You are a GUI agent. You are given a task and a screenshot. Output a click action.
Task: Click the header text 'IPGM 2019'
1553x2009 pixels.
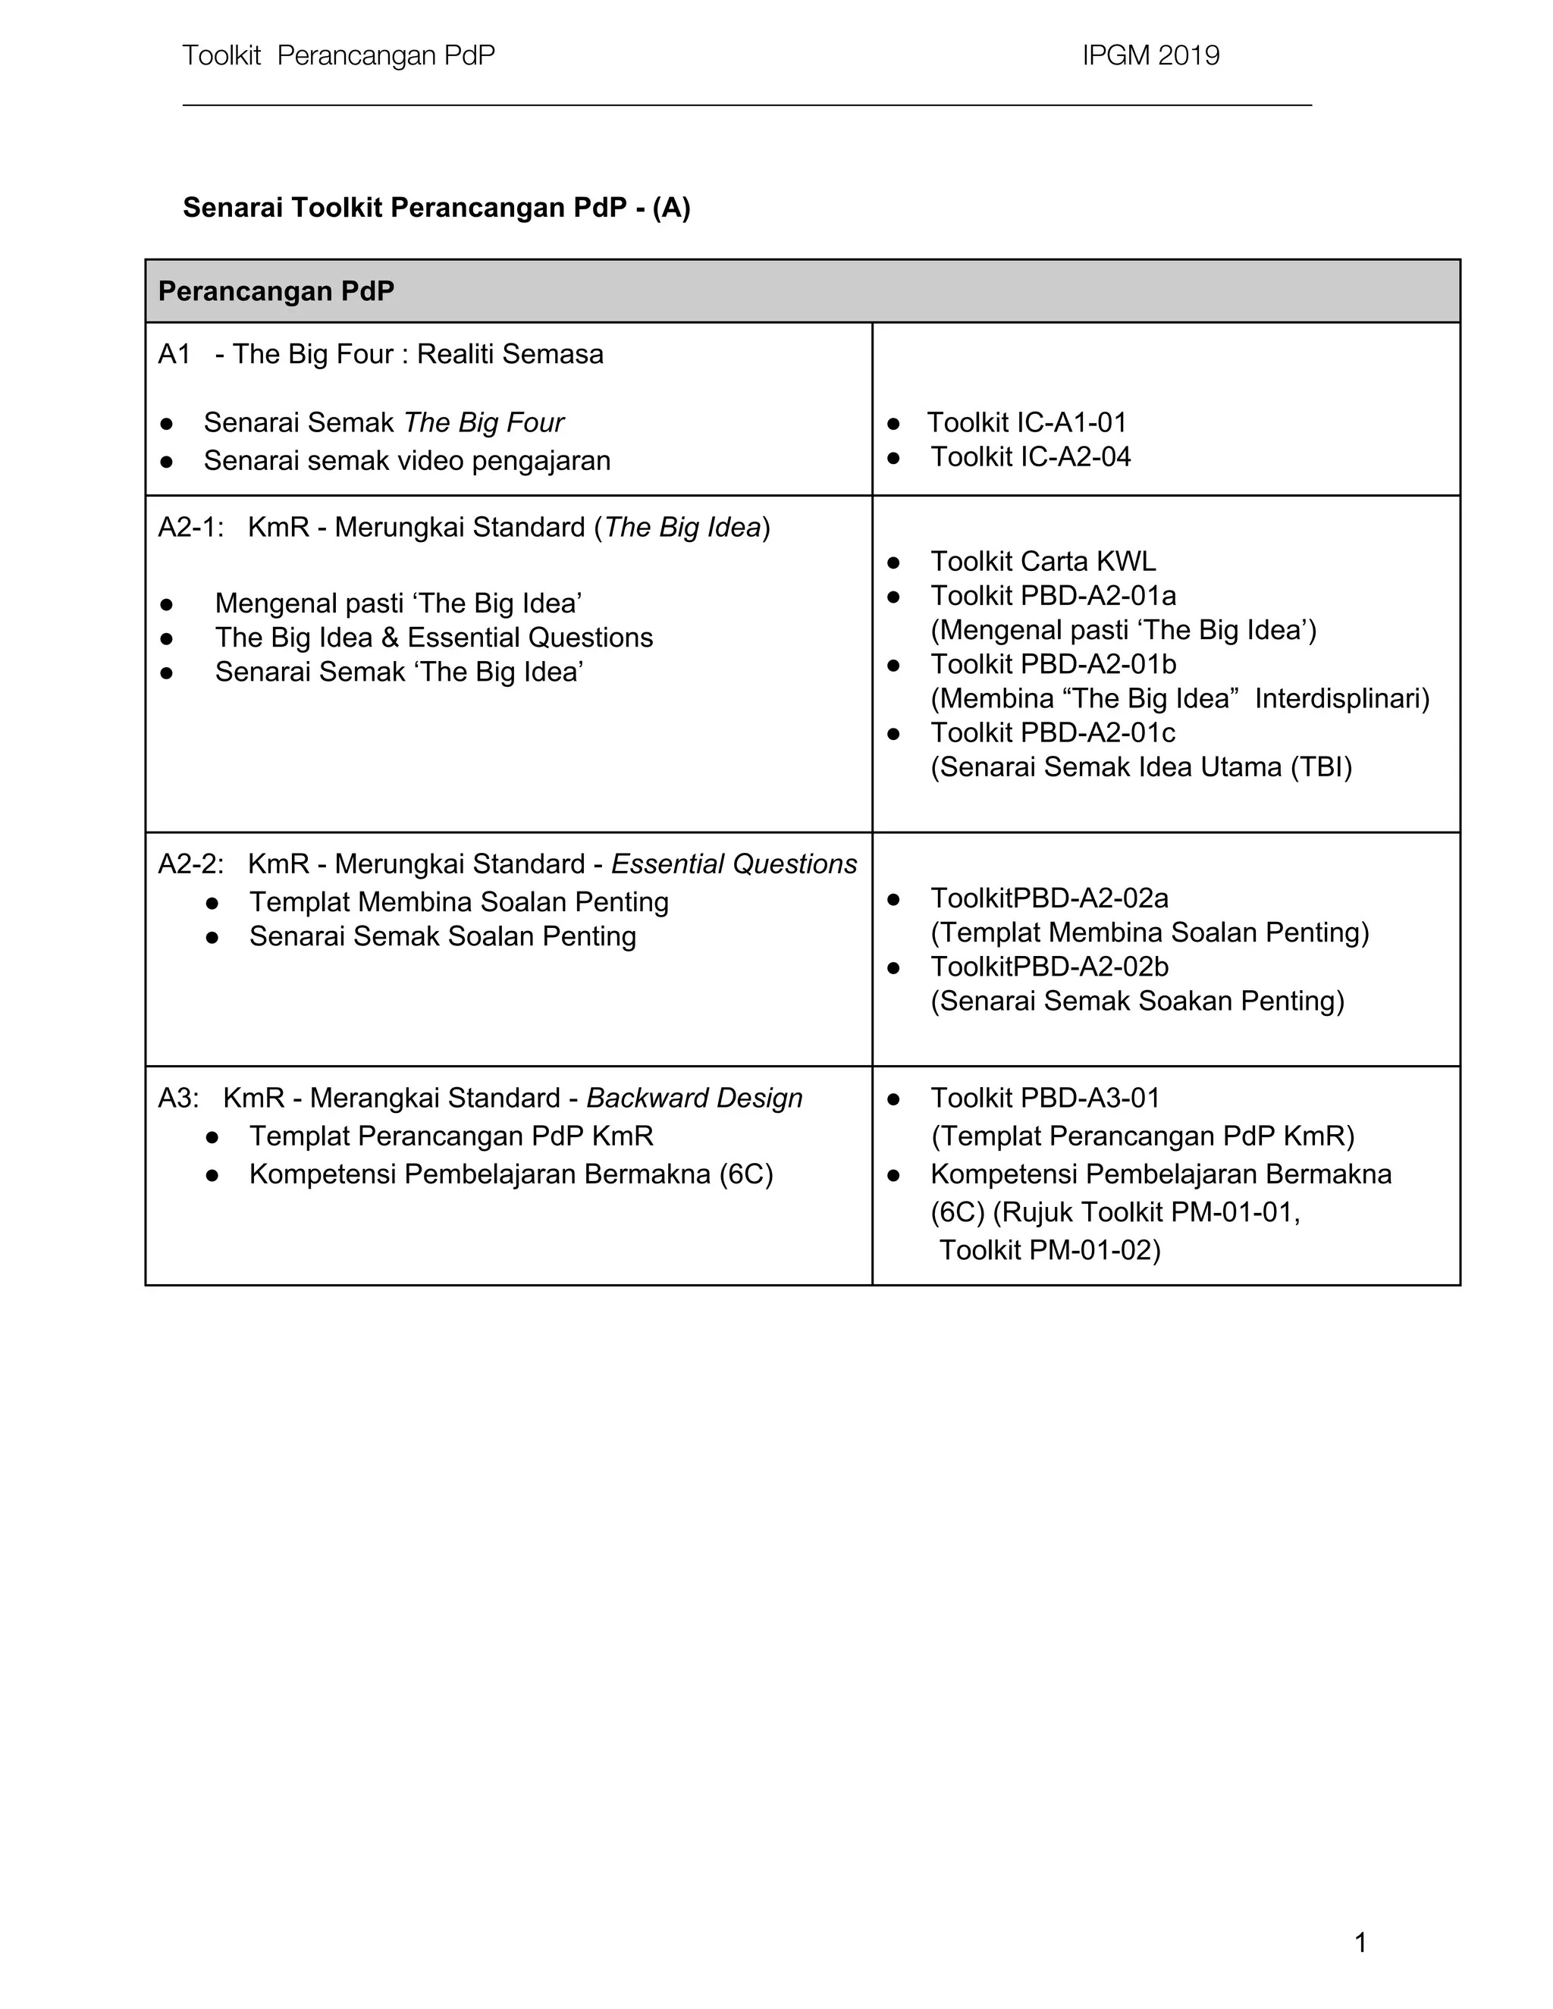1150,56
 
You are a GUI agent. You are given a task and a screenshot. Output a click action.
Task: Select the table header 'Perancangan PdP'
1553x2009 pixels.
276,292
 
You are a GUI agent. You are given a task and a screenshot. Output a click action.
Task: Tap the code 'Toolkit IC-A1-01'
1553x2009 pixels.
1026,423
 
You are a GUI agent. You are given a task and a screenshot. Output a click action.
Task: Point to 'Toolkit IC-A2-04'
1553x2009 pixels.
1030,457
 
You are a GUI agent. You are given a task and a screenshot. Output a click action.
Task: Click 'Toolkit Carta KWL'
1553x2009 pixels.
1043,561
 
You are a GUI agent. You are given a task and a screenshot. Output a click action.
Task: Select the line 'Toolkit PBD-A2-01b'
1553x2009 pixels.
1053,664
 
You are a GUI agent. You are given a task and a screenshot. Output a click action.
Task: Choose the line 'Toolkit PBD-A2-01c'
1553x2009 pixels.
1053,733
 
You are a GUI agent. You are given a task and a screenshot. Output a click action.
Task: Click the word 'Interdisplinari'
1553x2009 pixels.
1341,699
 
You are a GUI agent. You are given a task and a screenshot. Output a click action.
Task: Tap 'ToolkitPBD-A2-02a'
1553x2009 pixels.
1049,898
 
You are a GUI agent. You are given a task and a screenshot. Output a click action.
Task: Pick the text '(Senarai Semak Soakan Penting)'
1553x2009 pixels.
1137,1001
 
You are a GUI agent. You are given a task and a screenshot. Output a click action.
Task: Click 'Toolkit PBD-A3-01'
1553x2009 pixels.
1044,1099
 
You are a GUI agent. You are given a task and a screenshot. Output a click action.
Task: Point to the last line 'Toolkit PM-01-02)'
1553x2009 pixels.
1049,1250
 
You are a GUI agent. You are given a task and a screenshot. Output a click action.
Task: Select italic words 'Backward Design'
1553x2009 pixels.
694,1099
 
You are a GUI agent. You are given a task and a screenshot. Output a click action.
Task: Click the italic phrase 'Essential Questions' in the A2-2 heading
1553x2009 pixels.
733,865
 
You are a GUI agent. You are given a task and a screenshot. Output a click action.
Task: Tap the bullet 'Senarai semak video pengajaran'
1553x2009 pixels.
406,461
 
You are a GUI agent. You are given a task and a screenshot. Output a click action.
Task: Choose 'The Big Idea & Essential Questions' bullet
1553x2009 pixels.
433,638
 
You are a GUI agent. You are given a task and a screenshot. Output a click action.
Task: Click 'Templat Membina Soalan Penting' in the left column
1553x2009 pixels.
458,902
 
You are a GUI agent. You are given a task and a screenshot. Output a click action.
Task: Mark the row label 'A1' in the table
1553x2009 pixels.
174,354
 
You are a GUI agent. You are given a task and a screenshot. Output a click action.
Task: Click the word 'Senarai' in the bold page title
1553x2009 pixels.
233,208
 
